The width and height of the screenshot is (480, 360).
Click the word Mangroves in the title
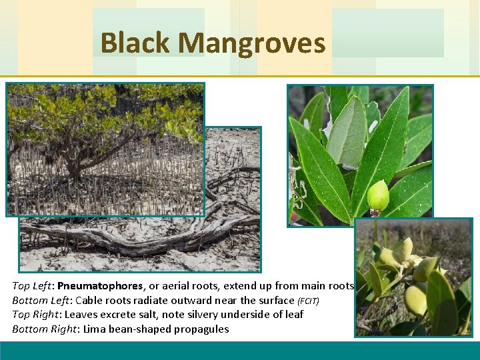(251, 43)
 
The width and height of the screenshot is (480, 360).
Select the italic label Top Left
(32, 285)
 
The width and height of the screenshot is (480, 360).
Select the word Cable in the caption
(87, 300)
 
